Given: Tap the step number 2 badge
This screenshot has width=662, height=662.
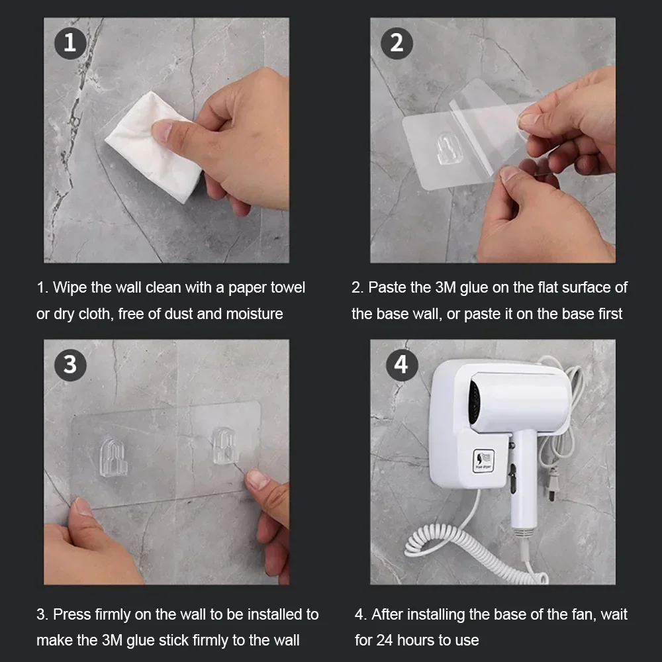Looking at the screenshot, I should (x=397, y=43).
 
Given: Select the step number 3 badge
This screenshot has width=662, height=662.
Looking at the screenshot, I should (x=70, y=365).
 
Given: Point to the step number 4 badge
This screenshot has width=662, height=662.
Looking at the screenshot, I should (x=401, y=365).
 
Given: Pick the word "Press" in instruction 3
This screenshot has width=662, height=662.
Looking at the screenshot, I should (x=71, y=614).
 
